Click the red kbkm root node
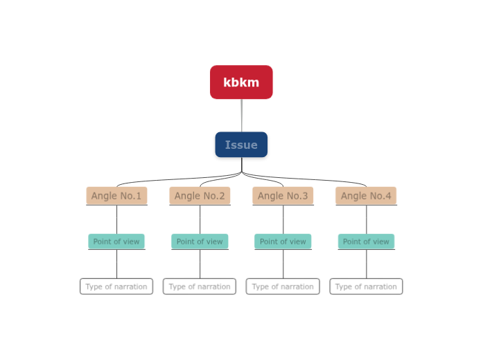241,82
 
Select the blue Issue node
241,145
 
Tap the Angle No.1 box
116,196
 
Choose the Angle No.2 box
200,196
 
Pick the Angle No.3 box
283,196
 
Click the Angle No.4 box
366,196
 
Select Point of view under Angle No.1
116,242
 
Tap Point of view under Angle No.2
200,242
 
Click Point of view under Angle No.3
283,242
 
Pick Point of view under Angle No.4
366,242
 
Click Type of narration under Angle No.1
116,287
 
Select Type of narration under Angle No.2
200,287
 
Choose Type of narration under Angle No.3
283,287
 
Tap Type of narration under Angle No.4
366,287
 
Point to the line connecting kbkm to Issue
242,116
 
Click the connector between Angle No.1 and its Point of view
116,219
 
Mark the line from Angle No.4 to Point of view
367,219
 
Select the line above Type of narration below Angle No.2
200,264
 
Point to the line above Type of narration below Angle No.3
283,264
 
